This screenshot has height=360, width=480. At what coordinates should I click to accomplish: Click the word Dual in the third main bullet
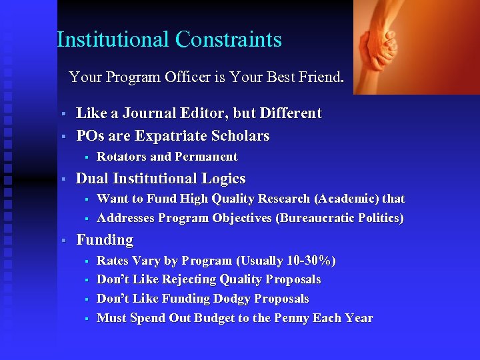click(93, 179)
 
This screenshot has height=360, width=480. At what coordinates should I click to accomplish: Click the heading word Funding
click(105, 240)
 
